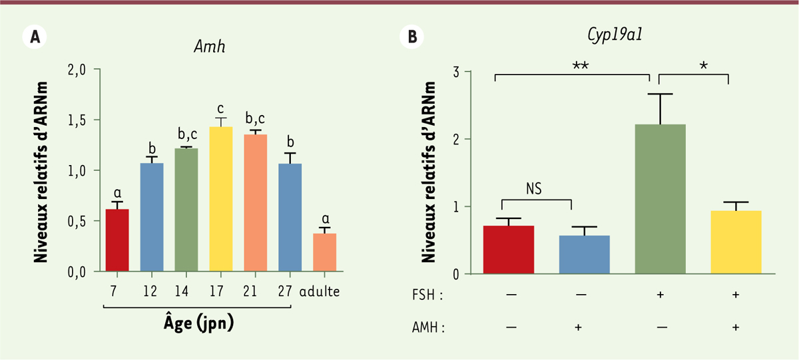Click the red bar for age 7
(x=117, y=240)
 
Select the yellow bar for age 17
(x=221, y=199)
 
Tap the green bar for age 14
(x=186, y=210)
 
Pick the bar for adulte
(x=325, y=252)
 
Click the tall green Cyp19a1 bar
(x=661, y=199)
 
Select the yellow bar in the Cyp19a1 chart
(x=736, y=242)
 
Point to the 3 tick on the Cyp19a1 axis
(x=457, y=71)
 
